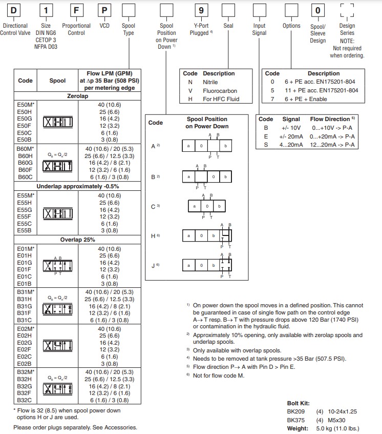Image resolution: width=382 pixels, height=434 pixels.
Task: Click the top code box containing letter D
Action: tap(14, 10)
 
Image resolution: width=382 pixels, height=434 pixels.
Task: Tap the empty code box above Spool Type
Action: tap(128, 10)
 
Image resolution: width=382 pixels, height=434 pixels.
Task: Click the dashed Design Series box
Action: tap(347, 10)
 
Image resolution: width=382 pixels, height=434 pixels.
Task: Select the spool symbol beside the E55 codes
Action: tap(57, 213)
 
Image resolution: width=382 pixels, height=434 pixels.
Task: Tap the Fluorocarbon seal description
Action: tap(220, 91)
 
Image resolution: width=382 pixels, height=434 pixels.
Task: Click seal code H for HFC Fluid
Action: tap(190, 100)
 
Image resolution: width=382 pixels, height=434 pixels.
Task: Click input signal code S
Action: tap(266, 145)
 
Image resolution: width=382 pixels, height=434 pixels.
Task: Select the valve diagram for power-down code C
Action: tap(207, 207)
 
